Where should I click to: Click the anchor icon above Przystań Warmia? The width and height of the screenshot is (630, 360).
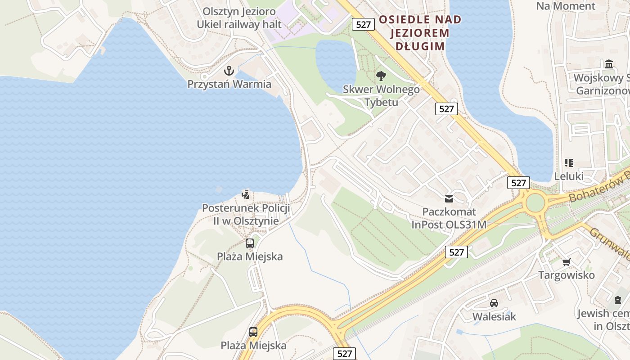tap(229, 71)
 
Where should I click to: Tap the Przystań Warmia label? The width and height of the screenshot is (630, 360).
tap(229, 84)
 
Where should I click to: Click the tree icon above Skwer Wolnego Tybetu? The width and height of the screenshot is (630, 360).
tap(381, 76)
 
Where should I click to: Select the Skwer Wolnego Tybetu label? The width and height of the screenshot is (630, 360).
tap(381, 95)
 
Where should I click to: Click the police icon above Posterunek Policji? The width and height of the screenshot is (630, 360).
tap(246, 195)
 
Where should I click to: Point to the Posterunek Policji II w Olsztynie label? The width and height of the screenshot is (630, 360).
tap(246, 215)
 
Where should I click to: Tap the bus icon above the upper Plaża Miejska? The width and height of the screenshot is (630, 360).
tap(250, 243)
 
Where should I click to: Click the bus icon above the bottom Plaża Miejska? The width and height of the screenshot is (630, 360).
tap(253, 332)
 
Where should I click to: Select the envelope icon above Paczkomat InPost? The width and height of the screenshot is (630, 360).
tap(449, 198)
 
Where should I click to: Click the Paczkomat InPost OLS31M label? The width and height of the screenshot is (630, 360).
tap(449, 218)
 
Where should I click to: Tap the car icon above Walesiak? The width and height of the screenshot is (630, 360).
tap(494, 303)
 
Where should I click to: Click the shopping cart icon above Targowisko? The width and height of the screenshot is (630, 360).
tap(566, 262)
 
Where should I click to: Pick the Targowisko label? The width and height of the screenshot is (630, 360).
tap(566, 275)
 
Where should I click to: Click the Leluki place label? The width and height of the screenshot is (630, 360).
tap(569, 176)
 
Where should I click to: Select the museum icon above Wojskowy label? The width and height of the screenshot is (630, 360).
tap(609, 64)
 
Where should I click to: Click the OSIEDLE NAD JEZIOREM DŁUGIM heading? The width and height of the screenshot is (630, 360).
tap(420, 33)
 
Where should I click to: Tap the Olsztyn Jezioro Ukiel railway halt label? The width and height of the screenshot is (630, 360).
tap(239, 18)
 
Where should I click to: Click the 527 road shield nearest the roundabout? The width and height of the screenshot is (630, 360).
tap(518, 183)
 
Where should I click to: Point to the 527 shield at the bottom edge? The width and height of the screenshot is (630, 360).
tap(344, 353)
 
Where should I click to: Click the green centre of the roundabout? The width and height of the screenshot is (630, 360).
tap(535, 202)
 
